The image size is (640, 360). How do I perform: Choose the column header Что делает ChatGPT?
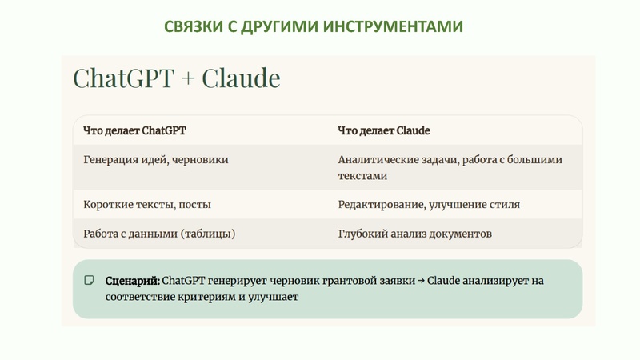click(139, 130)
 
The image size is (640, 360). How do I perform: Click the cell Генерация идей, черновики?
click(156, 160)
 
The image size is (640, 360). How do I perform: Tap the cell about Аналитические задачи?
click(450, 167)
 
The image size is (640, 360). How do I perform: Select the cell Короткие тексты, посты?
click(147, 204)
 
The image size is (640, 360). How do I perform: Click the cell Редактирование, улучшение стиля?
click(429, 204)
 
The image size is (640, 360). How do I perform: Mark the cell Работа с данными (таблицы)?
click(159, 234)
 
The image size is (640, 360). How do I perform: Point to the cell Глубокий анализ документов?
click(414, 234)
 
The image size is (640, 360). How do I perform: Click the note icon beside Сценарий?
click(89, 281)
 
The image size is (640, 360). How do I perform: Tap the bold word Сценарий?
click(132, 281)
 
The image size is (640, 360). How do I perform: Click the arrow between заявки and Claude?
click(421, 281)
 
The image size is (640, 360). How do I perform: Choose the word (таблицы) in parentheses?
click(209, 234)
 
